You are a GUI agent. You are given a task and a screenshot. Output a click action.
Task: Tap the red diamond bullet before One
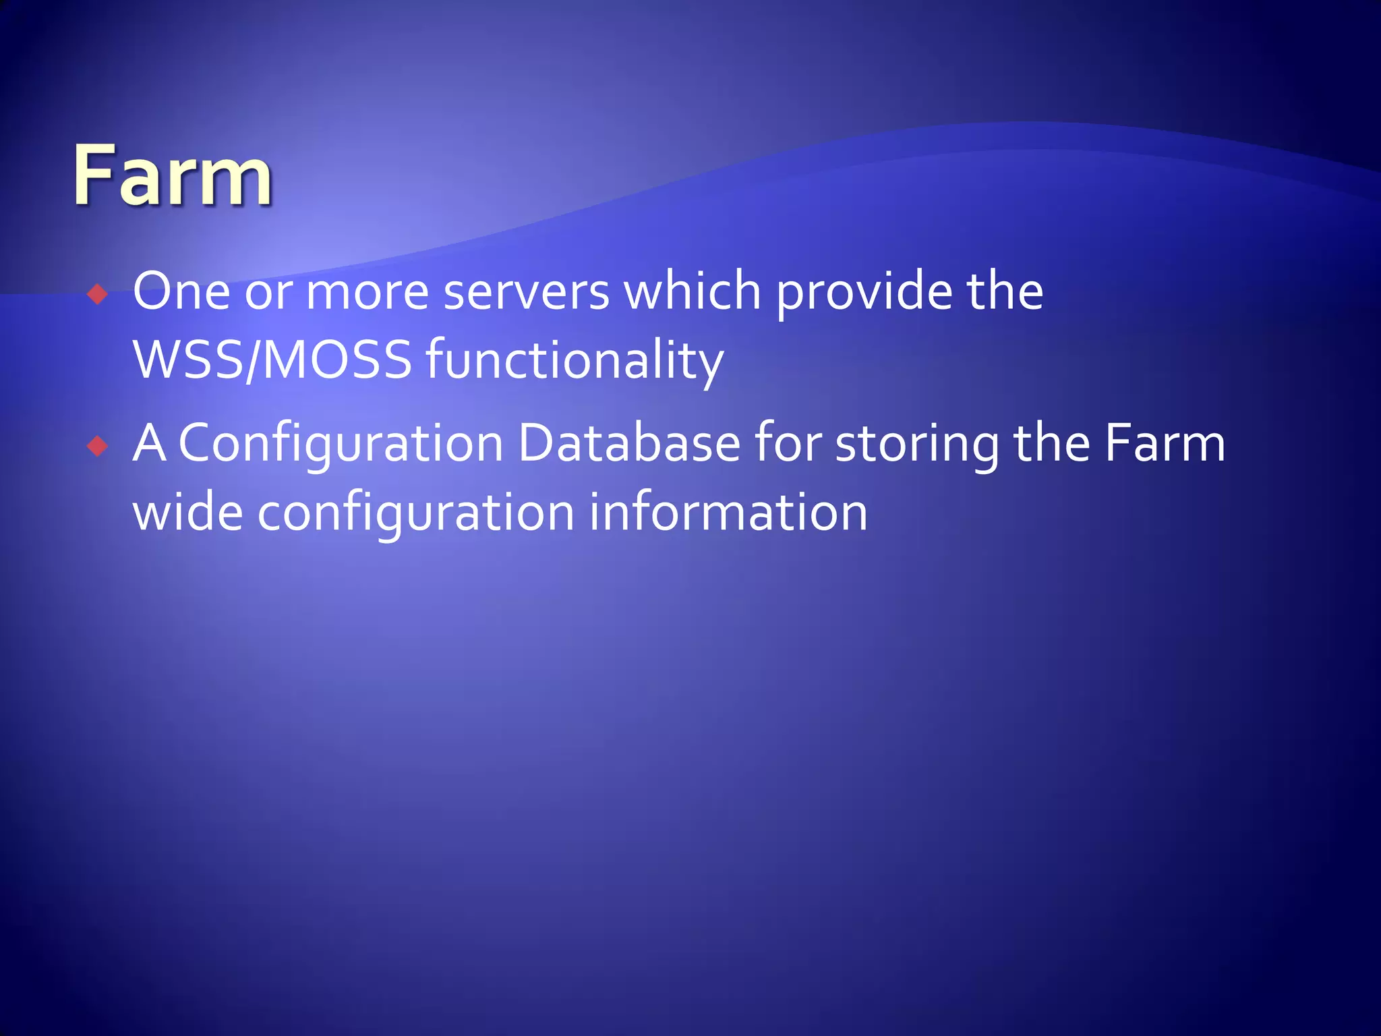[x=98, y=295]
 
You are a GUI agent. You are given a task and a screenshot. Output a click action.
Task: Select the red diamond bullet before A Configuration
[x=98, y=446]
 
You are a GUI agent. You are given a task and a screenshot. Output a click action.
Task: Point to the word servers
[x=527, y=291]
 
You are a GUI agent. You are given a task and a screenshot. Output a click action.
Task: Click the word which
[x=693, y=291]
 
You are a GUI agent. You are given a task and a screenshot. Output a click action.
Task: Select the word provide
[x=864, y=291]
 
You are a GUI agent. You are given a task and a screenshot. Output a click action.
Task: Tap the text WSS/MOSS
[x=272, y=360]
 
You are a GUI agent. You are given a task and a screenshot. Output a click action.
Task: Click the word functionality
[x=575, y=360]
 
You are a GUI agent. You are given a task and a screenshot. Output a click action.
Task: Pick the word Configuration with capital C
[x=341, y=444]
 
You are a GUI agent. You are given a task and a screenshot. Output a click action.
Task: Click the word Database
[x=629, y=444]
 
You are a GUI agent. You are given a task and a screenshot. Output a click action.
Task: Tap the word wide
[x=188, y=513]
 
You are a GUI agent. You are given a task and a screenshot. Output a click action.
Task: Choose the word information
[x=728, y=513]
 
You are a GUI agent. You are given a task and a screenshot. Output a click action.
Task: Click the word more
[x=368, y=291]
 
